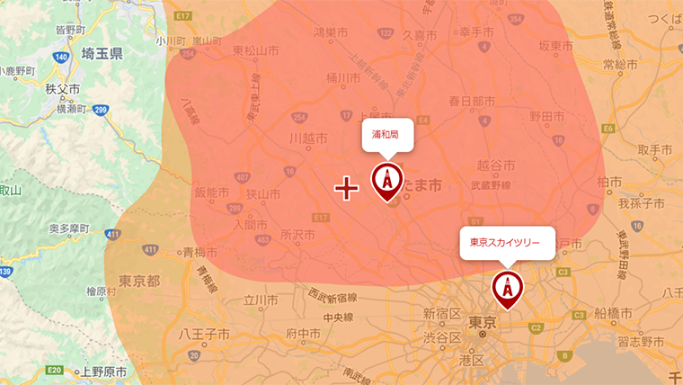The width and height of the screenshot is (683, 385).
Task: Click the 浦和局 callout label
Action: [x=387, y=136]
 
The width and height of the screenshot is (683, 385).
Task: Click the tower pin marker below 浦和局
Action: [x=387, y=183]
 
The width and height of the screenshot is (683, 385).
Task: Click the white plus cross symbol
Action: [x=347, y=187]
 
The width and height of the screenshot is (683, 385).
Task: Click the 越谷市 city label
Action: [x=496, y=166]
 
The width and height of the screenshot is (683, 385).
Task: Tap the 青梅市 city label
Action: [x=200, y=253]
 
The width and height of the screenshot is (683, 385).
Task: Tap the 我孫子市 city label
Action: [x=640, y=204]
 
